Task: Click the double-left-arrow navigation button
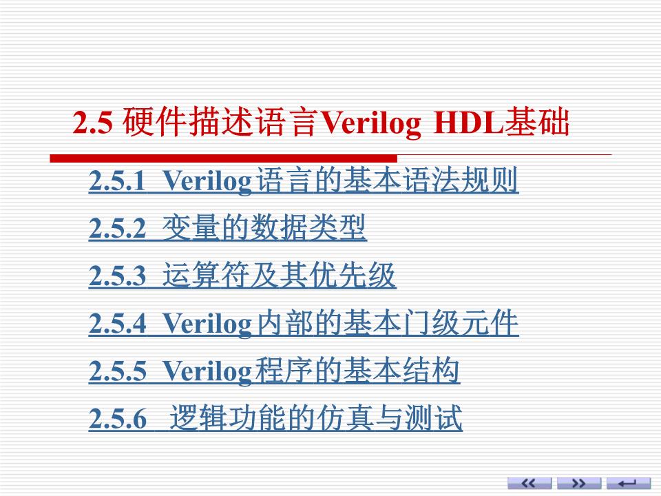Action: [529, 483]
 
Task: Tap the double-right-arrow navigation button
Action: [578, 483]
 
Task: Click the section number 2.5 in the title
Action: [92, 124]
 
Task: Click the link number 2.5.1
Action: [118, 182]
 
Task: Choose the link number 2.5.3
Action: [118, 277]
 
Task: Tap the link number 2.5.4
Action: [118, 324]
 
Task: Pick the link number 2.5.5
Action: [118, 372]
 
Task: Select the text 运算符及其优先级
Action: [279, 276]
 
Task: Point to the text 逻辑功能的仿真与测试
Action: [315, 419]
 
